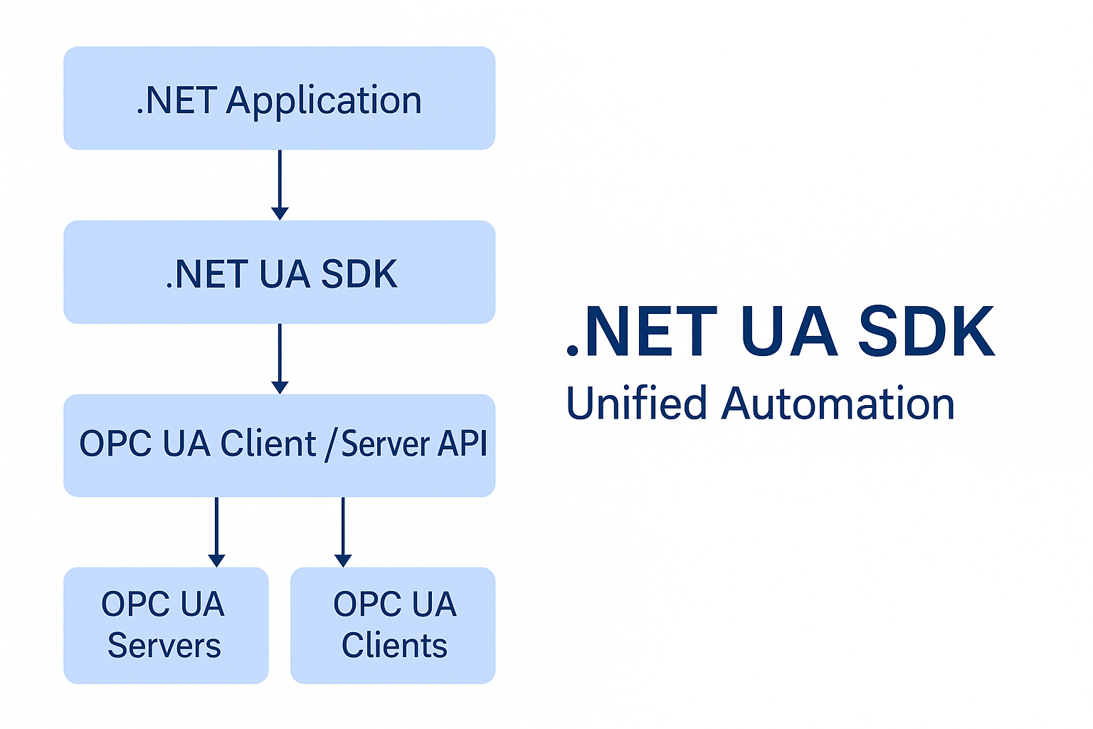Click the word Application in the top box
pyautogui.click(x=324, y=102)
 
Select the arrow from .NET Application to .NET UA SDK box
pyautogui.click(x=280, y=185)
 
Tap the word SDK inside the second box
pyautogui.click(x=359, y=274)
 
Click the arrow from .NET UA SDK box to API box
pyautogui.click(x=280, y=359)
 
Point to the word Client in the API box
pyautogui.click(x=268, y=444)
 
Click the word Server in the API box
pyautogui.click(x=385, y=444)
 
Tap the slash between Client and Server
pyautogui.click(x=331, y=444)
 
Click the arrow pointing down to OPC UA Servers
pyautogui.click(x=216, y=533)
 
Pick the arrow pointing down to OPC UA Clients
pyautogui.click(x=343, y=533)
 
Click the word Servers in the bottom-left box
pyautogui.click(x=164, y=645)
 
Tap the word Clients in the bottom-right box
pyautogui.click(x=394, y=645)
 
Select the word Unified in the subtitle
pyautogui.click(x=636, y=403)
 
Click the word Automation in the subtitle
pyautogui.click(x=838, y=404)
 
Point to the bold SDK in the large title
pyautogui.click(x=926, y=331)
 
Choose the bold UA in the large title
pyautogui.click(x=789, y=331)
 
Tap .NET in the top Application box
pyautogui.click(x=177, y=100)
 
